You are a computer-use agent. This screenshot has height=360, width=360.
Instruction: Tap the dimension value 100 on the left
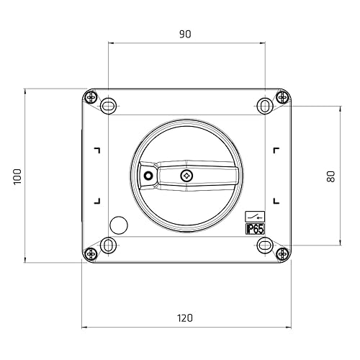pos(18,176)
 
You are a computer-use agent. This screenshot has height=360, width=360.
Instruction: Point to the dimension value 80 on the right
pos(331,176)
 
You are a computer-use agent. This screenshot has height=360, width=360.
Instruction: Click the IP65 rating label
pos(255,229)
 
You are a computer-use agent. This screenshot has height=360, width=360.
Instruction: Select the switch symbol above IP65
pos(255,215)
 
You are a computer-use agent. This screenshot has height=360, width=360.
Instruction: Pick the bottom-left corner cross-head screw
pos(91,253)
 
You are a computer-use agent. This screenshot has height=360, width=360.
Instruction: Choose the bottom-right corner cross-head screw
pos(282,253)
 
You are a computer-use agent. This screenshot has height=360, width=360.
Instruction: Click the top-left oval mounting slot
pos(108,105)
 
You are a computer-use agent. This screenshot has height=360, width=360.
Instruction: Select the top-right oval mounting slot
pos(264,105)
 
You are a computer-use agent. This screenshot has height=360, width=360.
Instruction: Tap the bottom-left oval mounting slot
pos(108,246)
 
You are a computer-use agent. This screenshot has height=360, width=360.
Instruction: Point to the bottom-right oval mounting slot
pos(264,246)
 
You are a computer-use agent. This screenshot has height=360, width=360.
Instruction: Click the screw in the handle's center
pos(186,176)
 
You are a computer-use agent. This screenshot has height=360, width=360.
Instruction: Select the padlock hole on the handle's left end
pos(148,176)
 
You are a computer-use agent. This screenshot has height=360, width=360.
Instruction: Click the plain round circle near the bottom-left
pos(118,224)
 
